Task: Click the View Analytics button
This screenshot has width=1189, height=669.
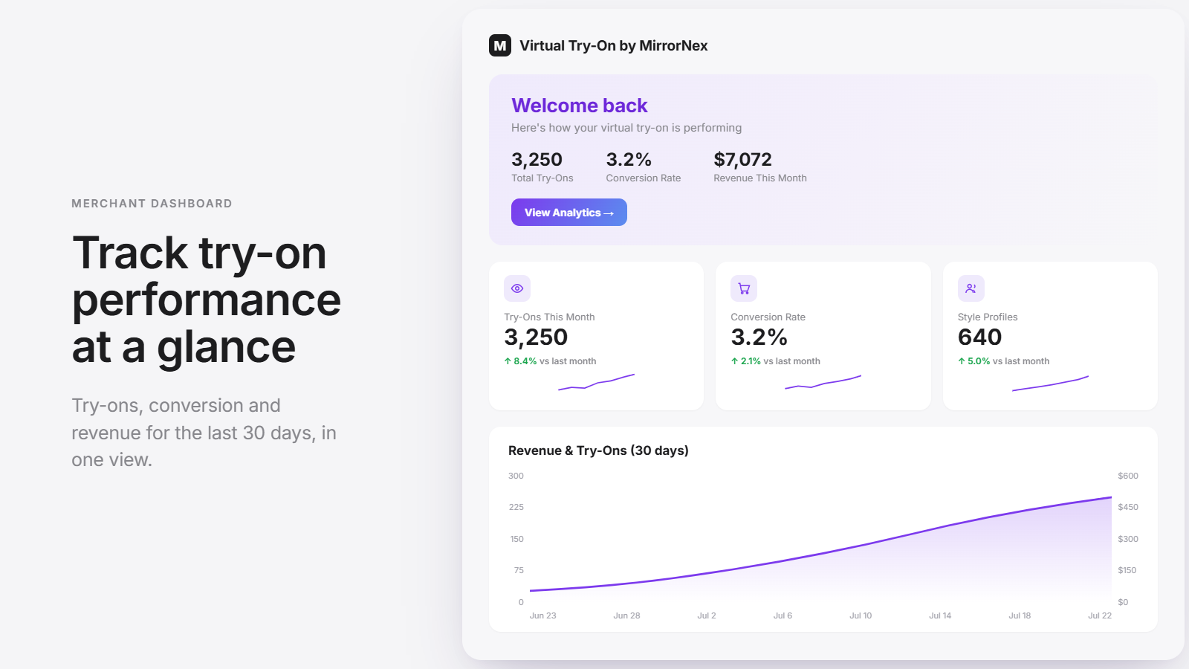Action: pos(569,213)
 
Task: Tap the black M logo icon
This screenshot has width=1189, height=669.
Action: pos(500,45)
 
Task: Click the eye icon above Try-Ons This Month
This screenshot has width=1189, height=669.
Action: pos(517,288)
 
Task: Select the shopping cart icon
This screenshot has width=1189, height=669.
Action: pos(744,288)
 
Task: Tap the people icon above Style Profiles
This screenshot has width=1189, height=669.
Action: pos(971,288)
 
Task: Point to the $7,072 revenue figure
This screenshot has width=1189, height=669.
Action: pos(742,159)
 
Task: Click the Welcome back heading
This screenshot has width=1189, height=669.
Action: pos(579,105)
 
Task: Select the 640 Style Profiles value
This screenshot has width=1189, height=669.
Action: pos(979,337)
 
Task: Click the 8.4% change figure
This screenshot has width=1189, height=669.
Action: pos(525,361)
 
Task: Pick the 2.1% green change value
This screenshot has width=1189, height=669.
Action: pos(751,361)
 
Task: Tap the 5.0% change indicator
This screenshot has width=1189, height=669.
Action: pos(978,361)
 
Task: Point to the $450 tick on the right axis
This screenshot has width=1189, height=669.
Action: pos(1128,507)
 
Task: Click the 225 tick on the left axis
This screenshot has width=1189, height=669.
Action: pos(516,507)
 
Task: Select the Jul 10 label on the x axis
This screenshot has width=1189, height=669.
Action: pos(861,615)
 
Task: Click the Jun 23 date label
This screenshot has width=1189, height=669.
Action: pos(543,615)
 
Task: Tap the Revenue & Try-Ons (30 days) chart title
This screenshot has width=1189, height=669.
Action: pos(598,450)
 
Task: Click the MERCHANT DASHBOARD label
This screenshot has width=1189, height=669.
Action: pos(152,204)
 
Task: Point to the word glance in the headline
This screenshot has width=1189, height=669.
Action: pos(226,346)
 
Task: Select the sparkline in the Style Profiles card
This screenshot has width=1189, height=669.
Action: pos(1051,384)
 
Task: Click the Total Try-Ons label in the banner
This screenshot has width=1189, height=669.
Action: pos(542,178)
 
